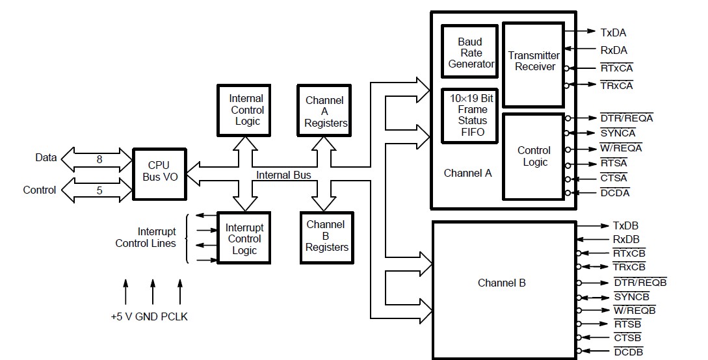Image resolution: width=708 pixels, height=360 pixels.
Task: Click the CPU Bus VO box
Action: pos(159,174)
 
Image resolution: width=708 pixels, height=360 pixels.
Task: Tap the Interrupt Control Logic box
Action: pos(244,238)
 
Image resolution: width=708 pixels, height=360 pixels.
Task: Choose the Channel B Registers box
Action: pos(326,236)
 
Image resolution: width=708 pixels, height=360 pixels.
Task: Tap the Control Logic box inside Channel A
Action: pos(533,156)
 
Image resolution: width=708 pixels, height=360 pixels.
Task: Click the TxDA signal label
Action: pos(613,32)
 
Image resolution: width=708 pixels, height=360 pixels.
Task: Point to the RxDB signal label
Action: pos(626,239)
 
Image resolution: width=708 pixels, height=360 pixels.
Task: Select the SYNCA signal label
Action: pos(618,133)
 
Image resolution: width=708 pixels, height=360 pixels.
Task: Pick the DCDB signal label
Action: pos(627,352)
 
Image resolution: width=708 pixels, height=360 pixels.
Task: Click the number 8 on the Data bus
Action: pos(99,158)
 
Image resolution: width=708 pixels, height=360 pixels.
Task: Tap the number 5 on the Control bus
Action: pos(99,190)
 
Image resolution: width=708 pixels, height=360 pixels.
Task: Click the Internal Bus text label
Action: pos(283,175)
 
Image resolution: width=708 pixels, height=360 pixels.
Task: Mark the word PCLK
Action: pos(174,317)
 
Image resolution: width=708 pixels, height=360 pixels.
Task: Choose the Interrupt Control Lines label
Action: pos(147,237)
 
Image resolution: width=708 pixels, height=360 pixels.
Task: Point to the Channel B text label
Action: pos(501,283)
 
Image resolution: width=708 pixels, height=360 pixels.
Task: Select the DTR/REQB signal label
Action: pos(640,282)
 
